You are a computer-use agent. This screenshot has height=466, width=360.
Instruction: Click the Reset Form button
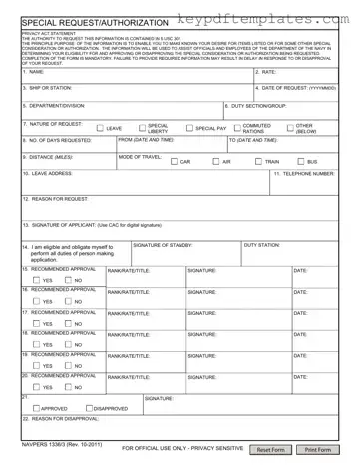point(271,450)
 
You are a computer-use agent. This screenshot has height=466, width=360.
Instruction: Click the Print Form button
point(318,450)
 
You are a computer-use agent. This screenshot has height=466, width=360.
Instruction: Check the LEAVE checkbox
point(100,128)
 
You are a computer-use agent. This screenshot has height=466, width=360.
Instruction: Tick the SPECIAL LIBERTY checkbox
point(141,128)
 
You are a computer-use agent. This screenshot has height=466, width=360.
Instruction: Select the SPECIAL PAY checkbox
point(188,128)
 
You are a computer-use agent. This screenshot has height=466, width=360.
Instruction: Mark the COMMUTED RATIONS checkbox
point(236,128)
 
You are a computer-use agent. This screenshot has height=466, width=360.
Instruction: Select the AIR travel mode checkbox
point(214,161)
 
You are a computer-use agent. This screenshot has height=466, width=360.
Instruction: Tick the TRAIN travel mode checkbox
point(257,161)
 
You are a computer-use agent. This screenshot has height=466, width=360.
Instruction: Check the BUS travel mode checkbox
point(299,161)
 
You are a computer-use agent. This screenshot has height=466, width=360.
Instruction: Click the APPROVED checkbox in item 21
point(35,408)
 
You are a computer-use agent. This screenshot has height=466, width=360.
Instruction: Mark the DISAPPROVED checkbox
point(88,408)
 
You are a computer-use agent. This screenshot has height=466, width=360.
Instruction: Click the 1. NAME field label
point(34,72)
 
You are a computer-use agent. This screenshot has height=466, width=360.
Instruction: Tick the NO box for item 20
point(67,387)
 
